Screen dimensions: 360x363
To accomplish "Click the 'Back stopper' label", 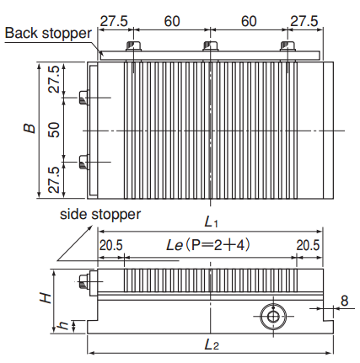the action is pyautogui.click(x=48, y=33).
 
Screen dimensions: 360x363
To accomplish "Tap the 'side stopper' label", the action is pyautogui.click(x=100, y=215).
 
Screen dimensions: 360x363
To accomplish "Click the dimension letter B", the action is pyautogui.click(x=30, y=128).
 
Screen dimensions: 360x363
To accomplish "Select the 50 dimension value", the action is pyautogui.click(x=54, y=130).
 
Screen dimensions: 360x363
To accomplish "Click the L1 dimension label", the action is pyautogui.click(x=211, y=222).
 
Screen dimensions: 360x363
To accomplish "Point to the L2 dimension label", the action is pyautogui.click(x=212, y=344).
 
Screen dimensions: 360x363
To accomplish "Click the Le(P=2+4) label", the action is pyautogui.click(x=208, y=245).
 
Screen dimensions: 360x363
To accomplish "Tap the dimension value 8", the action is pyautogui.click(x=345, y=301).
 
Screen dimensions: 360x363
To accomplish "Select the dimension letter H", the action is pyautogui.click(x=46, y=298).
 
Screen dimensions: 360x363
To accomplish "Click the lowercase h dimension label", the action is pyautogui.click(x=63, y=325).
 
